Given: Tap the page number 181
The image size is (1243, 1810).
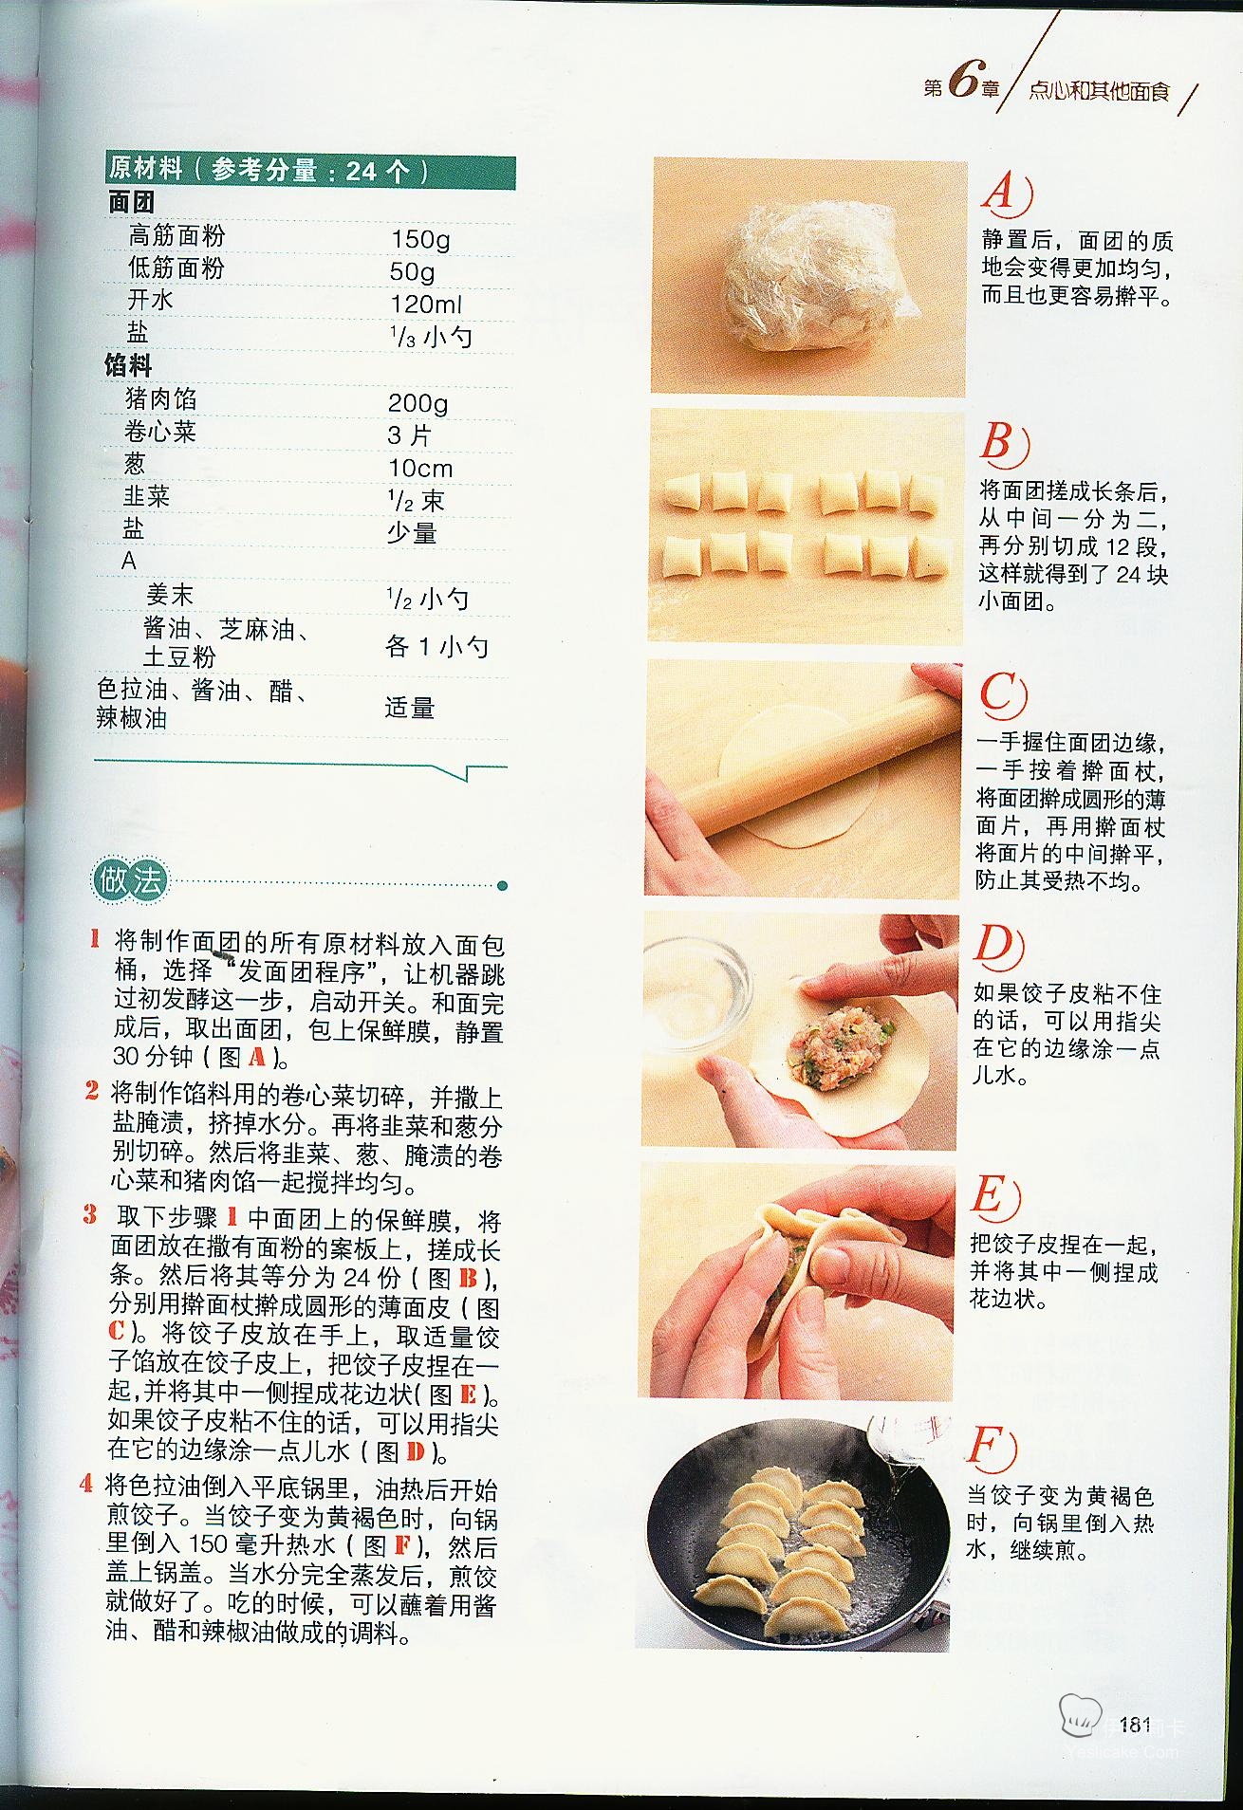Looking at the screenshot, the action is click(x=1135, y=1724).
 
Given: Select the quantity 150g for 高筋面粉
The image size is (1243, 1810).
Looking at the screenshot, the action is click(x=420, y=239).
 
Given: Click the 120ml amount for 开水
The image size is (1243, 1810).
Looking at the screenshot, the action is click(x=426, y=304).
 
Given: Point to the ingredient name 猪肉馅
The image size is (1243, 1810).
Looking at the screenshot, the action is click(x=161, y=398).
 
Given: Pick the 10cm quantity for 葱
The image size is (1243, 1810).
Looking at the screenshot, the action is click(x=420, y=468).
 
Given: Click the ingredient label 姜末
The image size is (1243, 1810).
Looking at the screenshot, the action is click(x=170, y=595).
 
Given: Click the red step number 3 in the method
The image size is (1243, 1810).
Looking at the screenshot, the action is click(x=89, y=1214).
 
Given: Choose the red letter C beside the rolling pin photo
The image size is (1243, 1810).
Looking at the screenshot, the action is click(x=1002, y=694).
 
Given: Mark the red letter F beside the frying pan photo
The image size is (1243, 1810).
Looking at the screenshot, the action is click(x=991, y=1449).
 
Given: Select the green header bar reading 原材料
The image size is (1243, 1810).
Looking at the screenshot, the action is click(x=310, y=171).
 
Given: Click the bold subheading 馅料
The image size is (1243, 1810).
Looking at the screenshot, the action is click(x=128, y=365).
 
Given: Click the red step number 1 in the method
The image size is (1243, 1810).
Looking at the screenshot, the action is click(x=94, y=939).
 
